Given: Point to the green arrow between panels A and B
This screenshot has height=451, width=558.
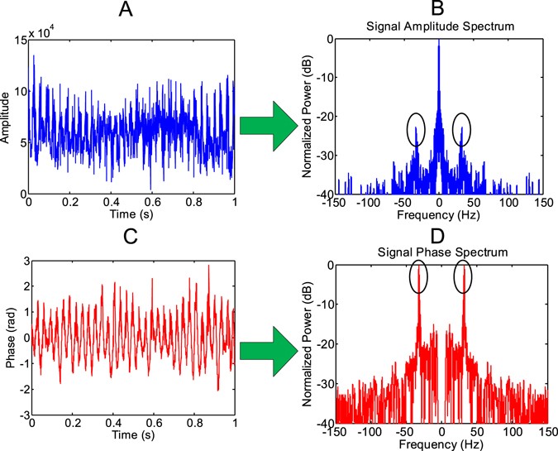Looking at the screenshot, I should (268, 127).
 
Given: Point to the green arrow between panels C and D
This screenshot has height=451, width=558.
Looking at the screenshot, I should (268, 351).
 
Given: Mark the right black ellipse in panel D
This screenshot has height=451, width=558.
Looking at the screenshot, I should (463, 276).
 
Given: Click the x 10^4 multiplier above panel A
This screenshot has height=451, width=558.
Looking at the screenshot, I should (45, 33).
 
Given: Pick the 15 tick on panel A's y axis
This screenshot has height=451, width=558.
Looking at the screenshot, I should (20, 40).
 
